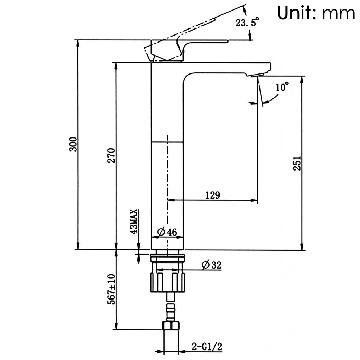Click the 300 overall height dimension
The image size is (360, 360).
point(73,144)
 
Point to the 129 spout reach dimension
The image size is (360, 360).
point(213,195)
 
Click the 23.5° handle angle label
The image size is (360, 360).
point(247,24)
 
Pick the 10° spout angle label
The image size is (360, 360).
point(282,86)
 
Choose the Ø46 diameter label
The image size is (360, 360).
point(167,232)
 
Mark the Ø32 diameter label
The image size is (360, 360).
point(212,265)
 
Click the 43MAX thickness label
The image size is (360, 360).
point(134,222)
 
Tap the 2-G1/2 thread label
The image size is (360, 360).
point(207,347)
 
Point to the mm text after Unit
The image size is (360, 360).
point(338,14)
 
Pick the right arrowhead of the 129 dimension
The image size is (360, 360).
point(255,200)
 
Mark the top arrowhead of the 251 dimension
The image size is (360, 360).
point(302,79)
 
